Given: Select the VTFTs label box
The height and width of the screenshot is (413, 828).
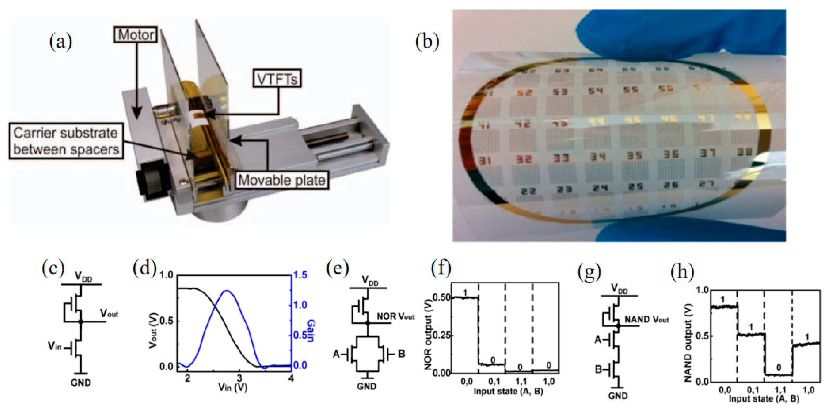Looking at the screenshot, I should point(277,78).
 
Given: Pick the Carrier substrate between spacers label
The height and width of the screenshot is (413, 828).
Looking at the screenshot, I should point(66,141).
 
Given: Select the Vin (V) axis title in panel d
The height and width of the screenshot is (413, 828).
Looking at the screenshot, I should point(233,387).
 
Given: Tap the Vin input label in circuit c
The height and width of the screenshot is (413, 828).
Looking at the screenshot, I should point(55,346).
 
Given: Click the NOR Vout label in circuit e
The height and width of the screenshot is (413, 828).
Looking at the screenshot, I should point(395,316).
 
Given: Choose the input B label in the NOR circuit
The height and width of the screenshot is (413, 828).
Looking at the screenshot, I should point(402,354).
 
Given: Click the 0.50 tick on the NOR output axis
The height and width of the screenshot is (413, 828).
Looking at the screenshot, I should point(441,298).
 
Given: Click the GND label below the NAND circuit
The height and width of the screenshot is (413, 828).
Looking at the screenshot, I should point(618,396).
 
